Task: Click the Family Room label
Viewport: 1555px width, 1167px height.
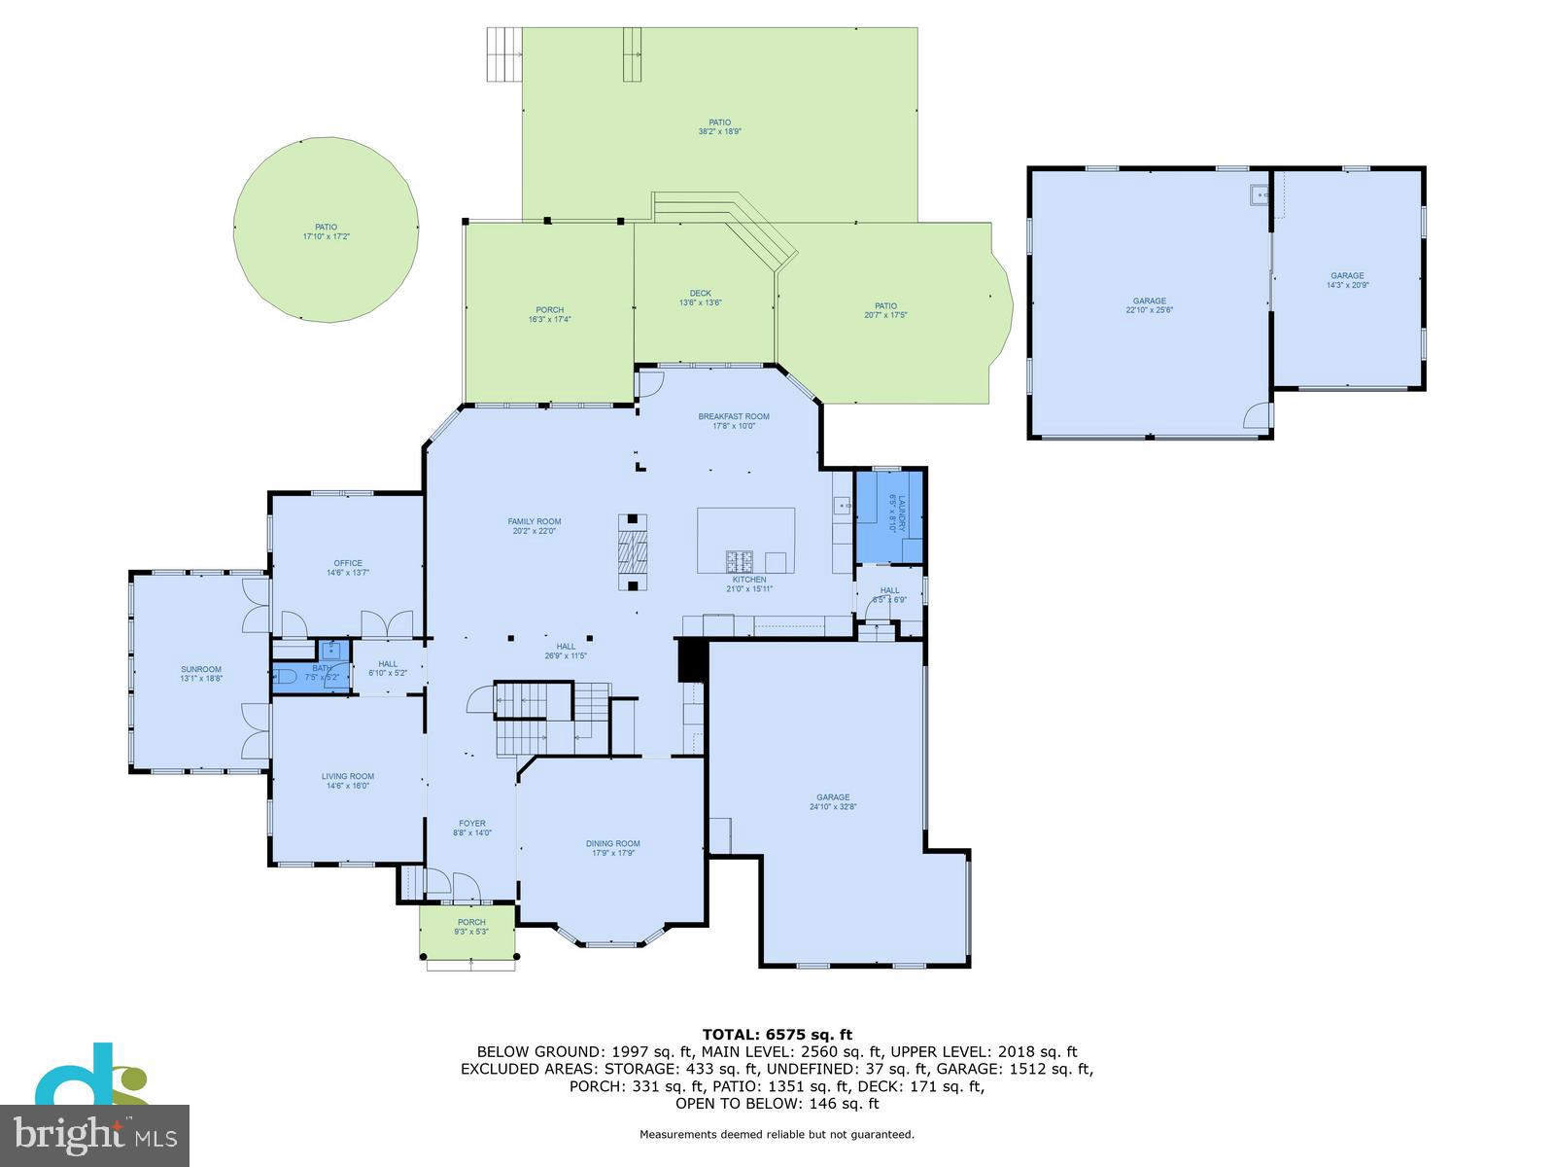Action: tap(534, 521)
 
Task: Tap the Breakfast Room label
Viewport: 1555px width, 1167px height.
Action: tap(733, 416)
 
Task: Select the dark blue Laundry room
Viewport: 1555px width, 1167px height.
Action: tap(887, 515)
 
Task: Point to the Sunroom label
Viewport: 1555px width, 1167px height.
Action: tap(200, 669)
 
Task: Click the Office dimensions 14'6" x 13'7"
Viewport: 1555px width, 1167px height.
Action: tap(347, 573)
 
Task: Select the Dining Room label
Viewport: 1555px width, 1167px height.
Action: tap(612, 843)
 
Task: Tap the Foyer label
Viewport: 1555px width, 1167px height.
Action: tap(471, 824)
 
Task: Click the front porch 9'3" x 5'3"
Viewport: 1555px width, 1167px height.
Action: tap(470, 927)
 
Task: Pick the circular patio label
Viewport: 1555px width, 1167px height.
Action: tap(326, 227)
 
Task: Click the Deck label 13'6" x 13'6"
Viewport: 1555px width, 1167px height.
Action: tap(700, 293)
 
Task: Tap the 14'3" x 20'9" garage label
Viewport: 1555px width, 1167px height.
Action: tap(1347, 275)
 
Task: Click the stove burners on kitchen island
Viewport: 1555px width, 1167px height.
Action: tap(740, 561)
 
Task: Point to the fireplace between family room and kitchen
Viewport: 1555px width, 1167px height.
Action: tap(632, 552)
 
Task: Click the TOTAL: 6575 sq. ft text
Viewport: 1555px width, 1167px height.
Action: tap(777, 1035)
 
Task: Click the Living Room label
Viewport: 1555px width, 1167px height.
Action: tap(347, 776)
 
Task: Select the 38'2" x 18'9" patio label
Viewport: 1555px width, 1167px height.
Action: tap(719, 123)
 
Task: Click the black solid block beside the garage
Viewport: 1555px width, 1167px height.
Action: tap(690, 660)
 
